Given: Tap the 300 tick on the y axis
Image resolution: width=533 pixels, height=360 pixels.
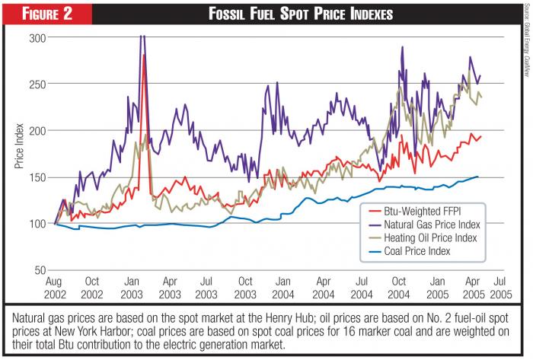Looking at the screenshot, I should click(37, 37).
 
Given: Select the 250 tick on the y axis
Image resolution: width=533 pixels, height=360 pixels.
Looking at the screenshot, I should click(37, 84).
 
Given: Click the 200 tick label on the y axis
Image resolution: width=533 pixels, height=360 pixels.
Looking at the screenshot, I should click(37, 130).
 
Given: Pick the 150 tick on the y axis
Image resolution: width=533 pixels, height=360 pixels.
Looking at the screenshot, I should click(37, 177).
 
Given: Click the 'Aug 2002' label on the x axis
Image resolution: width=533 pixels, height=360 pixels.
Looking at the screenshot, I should click(56, 287).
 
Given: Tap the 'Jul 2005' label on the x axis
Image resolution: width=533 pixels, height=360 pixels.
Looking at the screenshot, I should click(496, 287).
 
